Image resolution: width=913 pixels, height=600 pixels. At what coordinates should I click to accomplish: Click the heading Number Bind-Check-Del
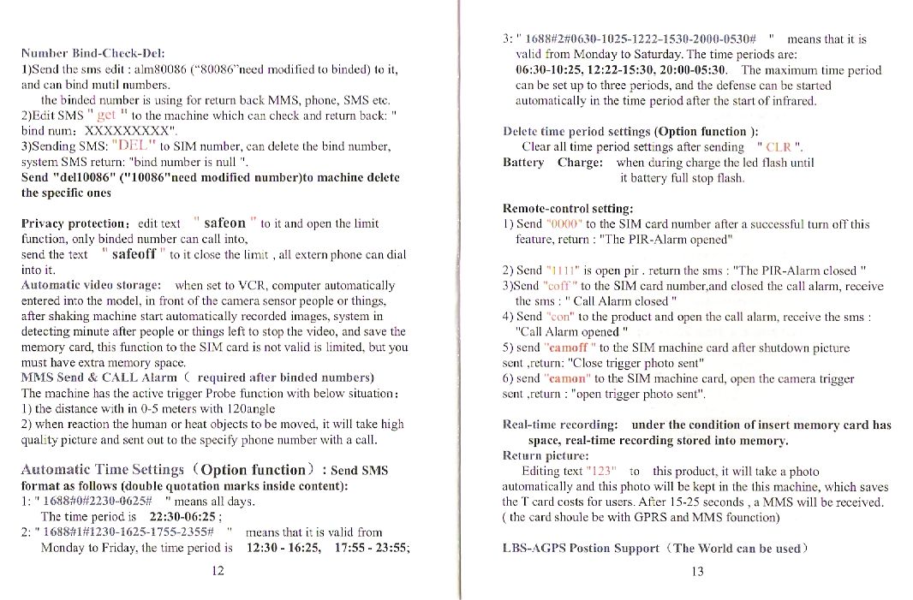92,54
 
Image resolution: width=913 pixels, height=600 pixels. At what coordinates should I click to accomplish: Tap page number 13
696,571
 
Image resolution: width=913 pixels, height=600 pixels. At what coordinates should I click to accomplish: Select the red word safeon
225,223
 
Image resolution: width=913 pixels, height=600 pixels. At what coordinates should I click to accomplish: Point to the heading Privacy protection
75,223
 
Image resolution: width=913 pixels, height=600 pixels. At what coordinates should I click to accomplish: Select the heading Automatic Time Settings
102,470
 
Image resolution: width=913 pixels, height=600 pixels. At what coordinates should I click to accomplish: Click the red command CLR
783,147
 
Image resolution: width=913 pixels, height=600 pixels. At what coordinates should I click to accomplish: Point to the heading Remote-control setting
568,208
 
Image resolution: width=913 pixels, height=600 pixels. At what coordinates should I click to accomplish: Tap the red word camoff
568,348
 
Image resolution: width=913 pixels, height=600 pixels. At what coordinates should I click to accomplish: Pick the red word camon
566,379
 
